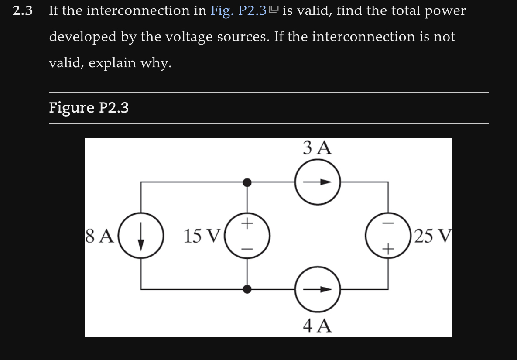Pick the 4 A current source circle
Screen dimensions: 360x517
pyautogui.click(x=317, y=288)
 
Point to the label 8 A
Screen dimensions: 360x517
pyautogui.click(x=100, y=236)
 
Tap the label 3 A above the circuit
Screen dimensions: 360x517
pyautogui.click(x=317, y=148)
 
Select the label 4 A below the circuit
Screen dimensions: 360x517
pyautogui.click(x=317, y=325)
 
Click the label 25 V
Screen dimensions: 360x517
pyautogui.click(x=431, y=236)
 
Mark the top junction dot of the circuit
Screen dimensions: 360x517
pyautogui.click(x=247, y=182)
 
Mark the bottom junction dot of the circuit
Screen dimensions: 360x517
pyautogui.click(x=247, y=288)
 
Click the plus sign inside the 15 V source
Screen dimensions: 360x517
pyautogui.click(x=247, y=223)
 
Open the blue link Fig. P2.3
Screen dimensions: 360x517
pyautogui.click(x=239, y=10)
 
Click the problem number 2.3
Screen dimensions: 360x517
pyautogui.click(x=23, y=10)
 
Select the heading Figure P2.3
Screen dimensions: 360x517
pyautogui.click(x=89, y=107)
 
